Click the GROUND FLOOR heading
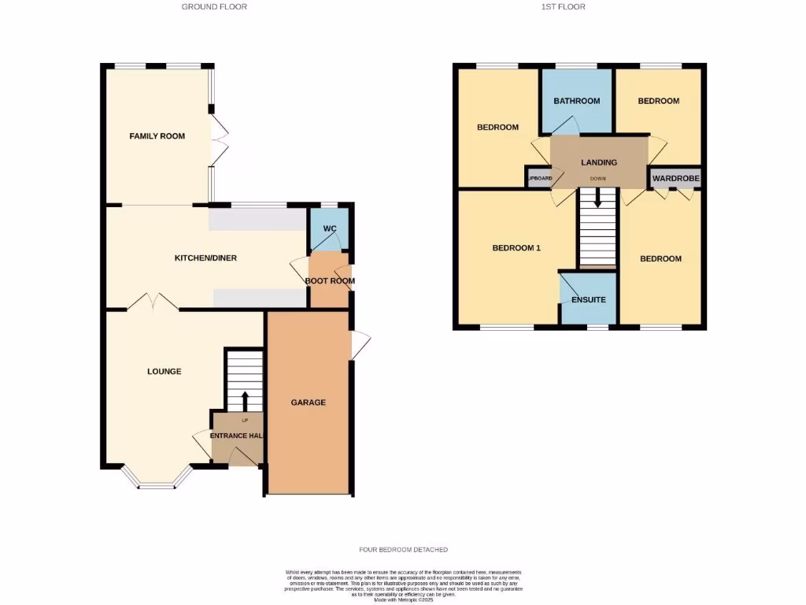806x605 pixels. point(214,7)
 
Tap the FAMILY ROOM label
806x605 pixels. point(157,136)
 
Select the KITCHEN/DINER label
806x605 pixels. point(205,258)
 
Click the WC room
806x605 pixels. point(330,229)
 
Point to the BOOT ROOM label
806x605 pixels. point(329,280)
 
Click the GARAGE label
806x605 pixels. point(308,403)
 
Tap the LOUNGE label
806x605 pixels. point(164,371)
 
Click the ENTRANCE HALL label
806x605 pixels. point(236,436)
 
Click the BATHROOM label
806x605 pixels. point(576,101)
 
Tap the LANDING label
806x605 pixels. point(598,162)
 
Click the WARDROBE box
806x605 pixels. point(675,179)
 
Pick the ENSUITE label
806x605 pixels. point(589,300)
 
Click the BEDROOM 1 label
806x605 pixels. point(516,248)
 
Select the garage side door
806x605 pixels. point(359,344)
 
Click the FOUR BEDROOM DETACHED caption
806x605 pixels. point(402,550)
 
